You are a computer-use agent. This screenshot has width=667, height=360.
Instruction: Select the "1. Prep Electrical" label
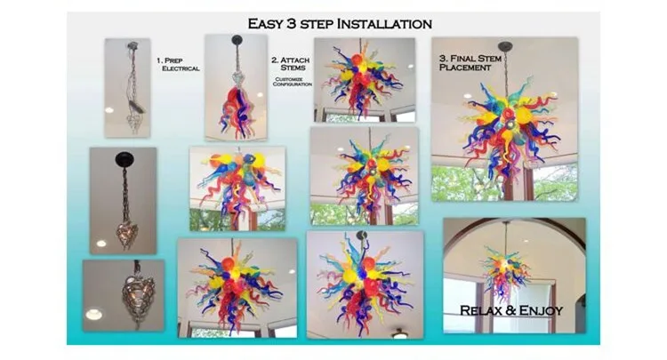tap(179, 63)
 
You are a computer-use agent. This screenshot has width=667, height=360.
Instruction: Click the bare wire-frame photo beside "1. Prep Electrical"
tap(127, 87)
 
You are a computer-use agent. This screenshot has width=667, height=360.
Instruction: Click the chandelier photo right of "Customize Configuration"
tap(364, 80)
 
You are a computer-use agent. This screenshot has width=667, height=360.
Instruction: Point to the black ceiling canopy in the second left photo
tap(123, 158)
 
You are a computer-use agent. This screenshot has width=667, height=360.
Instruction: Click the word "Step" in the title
tap(319, 24)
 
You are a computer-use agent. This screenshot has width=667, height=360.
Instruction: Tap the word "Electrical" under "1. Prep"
tap(181, 68)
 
